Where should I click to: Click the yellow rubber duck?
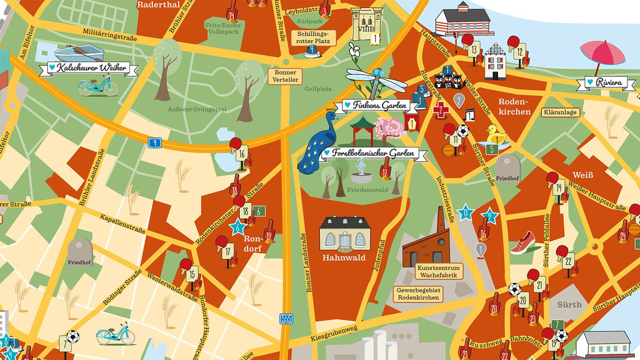pyautogui.click(x=495, y=134)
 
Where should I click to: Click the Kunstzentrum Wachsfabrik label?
pyautogui.click(x=439, y=271)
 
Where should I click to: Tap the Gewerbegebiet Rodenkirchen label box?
pyautogui.click(x=419, y=294)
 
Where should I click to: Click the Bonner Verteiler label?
pyautogui.click(x=285, y=76)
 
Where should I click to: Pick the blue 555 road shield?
pyautogui.click(x=286, y=318)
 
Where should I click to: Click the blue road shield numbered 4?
pyautogui.click(x=154, y=142)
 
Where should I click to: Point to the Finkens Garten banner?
pyautogui.click(x=378, y=105)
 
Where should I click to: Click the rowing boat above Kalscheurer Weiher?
pyautogui.click(x=79, y=53)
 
